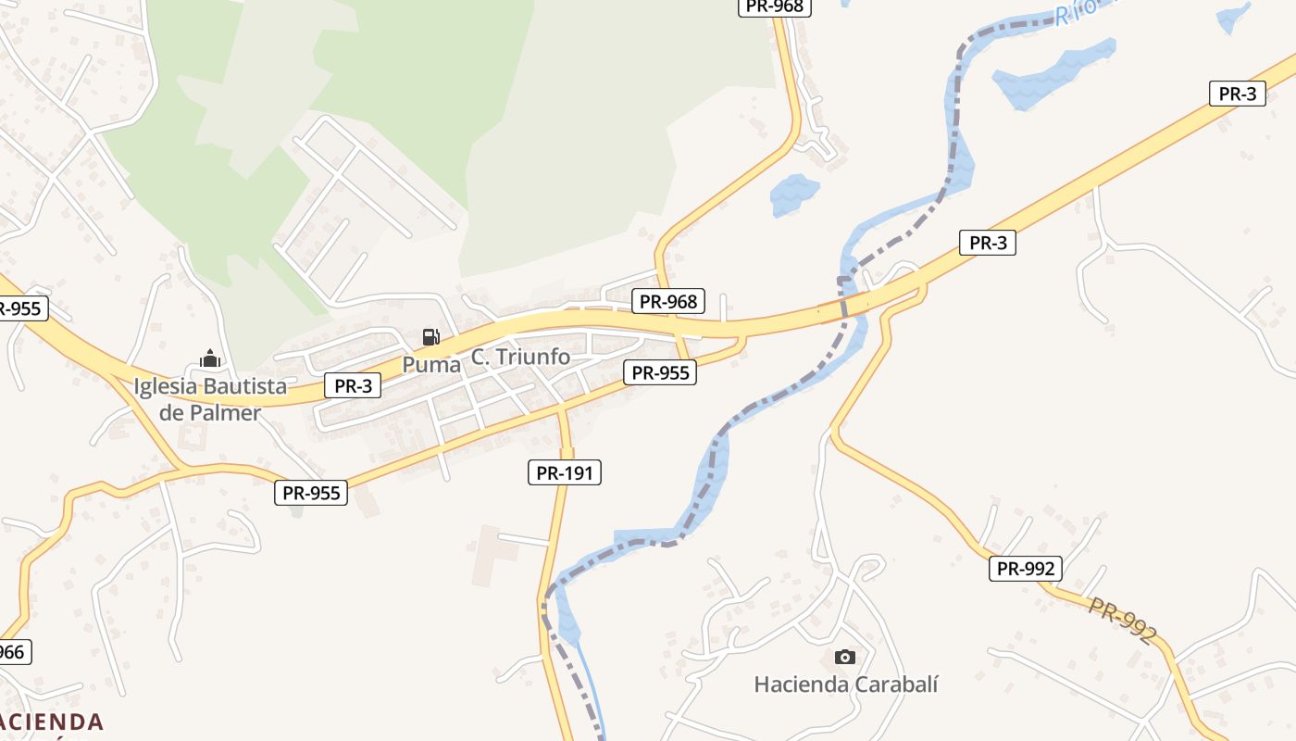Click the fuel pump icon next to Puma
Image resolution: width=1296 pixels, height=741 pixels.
430,336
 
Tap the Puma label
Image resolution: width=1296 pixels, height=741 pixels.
430,364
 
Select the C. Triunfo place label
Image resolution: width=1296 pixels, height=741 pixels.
520,357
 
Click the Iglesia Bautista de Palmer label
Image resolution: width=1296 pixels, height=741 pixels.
210,399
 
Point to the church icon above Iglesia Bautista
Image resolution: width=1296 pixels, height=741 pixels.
210,358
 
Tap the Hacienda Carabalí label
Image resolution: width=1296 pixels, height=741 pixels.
846,684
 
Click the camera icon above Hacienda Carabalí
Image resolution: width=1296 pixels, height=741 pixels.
844,657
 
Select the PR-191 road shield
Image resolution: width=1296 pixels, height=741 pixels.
565,472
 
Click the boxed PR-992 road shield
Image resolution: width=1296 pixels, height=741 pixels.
1025,568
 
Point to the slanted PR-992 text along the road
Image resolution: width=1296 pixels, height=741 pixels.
1122,621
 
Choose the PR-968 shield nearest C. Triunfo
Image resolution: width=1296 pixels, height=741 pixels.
668,301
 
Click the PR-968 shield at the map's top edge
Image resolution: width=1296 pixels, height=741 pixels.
774,6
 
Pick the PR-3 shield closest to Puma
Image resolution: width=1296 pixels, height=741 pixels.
353,385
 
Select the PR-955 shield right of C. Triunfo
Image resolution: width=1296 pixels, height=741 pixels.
659,372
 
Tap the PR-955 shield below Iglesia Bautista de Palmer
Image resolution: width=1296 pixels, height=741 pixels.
311,493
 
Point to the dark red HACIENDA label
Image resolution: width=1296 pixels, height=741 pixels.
51,722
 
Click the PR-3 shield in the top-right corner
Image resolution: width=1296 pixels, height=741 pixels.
1237,93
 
